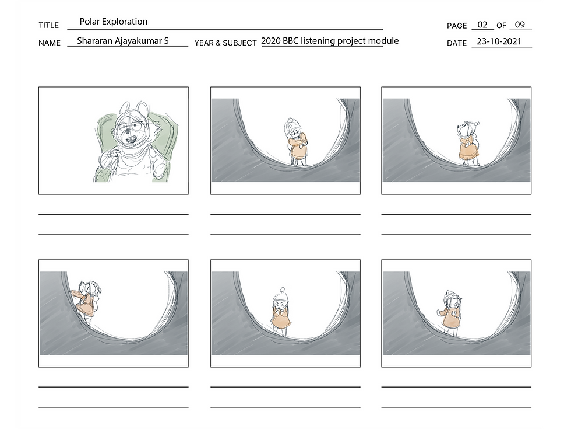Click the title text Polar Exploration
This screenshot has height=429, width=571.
tap(113, 22)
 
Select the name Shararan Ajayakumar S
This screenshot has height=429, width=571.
tap(123, 40)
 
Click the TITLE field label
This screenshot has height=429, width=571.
tap(49, 25)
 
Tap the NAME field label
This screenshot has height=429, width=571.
tap(50, 43)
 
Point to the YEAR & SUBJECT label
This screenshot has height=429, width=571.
tap(225, 43)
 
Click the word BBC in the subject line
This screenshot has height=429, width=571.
tap(291, 40)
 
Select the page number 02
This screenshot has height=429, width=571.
tap(482, 25)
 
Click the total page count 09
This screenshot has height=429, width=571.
tap(520, 25)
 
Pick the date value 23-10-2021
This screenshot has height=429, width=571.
tap(499, 41)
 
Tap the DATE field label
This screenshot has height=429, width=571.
tap(457, 43)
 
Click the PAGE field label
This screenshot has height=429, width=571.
tap(457, 26)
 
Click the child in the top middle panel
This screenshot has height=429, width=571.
tap(297, 141)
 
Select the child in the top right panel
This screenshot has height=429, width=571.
tap(468, 144)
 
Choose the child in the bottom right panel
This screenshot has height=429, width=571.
tap(450, 313)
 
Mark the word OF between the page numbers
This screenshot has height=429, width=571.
tap(502, 26)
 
